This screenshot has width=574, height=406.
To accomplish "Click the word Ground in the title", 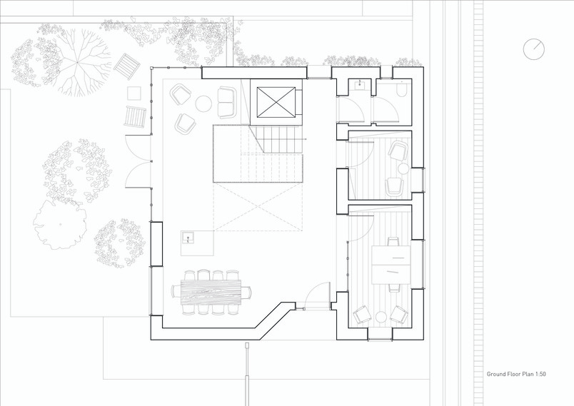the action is click(496, 374).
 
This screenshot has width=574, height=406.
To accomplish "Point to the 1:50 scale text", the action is click(540, 374).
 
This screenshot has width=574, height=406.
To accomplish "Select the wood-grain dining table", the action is click(211, 292).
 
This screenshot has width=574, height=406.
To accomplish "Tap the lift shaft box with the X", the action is click(276, 103).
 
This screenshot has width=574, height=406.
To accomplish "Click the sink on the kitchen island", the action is click(188, 238).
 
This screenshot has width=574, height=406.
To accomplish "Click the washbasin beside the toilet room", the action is click(359, 85).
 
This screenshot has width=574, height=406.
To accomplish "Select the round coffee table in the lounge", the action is click(203, 103).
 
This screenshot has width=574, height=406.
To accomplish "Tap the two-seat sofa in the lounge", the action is click(227, 102).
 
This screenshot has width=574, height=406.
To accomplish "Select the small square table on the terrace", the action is click(134, 93).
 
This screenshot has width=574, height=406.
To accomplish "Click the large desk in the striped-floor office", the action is click(391, 265).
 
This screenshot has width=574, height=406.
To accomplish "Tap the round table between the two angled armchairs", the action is click(382, 316).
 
